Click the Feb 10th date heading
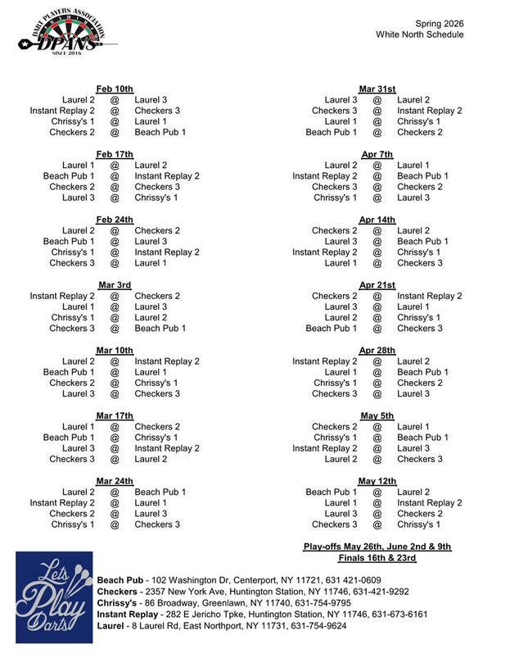tap(115, 89)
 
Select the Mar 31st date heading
tap(377, 89)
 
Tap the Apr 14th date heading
tap(377, 220)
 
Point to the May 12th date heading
tap(377, 481)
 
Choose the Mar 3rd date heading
tap(115, 285)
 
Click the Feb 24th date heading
tap(115, 220)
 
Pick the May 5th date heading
tap(377, 416)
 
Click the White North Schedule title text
tap(420, 34)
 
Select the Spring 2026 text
tap(439, 23)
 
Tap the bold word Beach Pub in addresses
tap(119, 580)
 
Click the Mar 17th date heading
tap(115, 416)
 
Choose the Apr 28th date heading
tap(377, 351)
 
